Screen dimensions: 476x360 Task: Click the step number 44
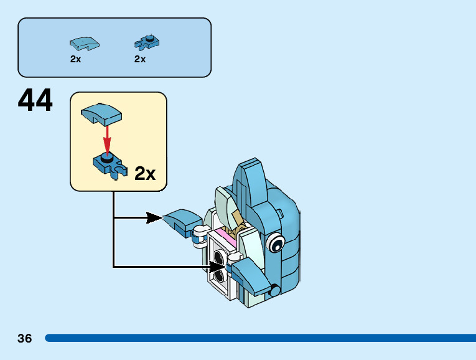35,100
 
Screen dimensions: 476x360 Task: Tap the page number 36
25,338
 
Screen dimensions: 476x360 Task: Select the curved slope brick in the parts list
85,44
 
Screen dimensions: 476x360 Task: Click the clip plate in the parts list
147,43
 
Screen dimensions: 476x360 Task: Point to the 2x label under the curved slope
75,59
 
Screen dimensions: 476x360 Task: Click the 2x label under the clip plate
140,59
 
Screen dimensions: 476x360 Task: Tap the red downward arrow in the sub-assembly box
107,139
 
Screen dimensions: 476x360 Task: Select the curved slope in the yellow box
101,114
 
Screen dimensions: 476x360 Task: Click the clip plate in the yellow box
110,166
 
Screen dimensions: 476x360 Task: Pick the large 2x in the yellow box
145,174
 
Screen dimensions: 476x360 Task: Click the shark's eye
276,242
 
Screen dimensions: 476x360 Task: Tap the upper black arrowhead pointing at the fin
154,218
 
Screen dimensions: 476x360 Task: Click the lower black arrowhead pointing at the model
218,267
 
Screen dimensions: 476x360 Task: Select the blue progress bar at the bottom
261,338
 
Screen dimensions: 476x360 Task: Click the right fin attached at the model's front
251,275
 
